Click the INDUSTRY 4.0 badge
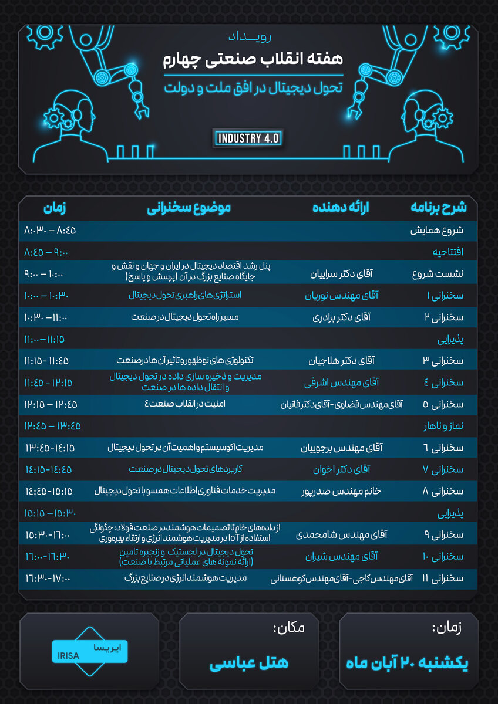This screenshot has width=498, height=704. coord(250,138)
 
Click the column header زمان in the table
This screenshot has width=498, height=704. coord(54,208)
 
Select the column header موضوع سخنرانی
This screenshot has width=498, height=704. coord(189,208)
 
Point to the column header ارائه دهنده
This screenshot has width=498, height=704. coord(341,208)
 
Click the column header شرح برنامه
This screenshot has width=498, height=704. coord(438,208)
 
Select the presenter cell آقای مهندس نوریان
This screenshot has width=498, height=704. coord(342,296)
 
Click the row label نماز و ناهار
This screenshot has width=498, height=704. coord(442,426)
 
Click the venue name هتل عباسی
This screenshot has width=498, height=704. coord(249,663)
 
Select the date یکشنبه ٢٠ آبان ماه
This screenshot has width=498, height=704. coord(408,663)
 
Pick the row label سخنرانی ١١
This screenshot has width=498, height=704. coord(442,578)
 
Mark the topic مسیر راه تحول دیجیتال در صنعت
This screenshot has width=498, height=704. coord(185,317)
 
